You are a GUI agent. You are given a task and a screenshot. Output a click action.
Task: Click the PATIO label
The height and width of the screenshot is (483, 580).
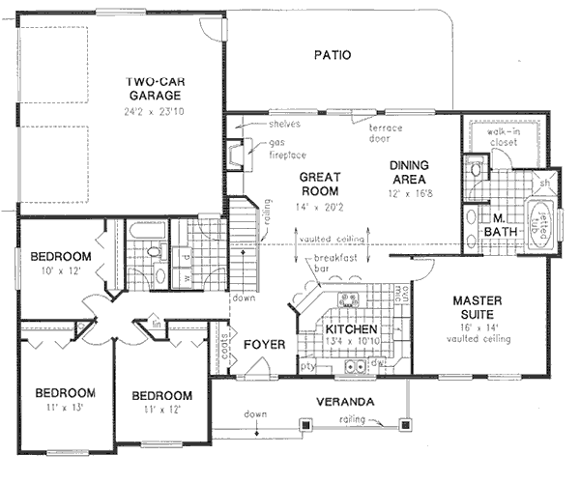[332, 55]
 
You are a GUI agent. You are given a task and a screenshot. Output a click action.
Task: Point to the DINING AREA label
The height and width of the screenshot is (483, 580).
[409, 173]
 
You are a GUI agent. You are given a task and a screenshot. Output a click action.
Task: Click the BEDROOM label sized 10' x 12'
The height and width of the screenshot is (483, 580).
[60, 256]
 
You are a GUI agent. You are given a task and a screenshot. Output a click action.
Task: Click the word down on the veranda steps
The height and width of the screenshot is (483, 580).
[254, 414]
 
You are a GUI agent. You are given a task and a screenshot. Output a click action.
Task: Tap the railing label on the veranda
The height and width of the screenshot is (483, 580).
[352, 422]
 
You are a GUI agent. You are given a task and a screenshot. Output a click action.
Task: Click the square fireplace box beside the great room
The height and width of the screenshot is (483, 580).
[234, 156]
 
